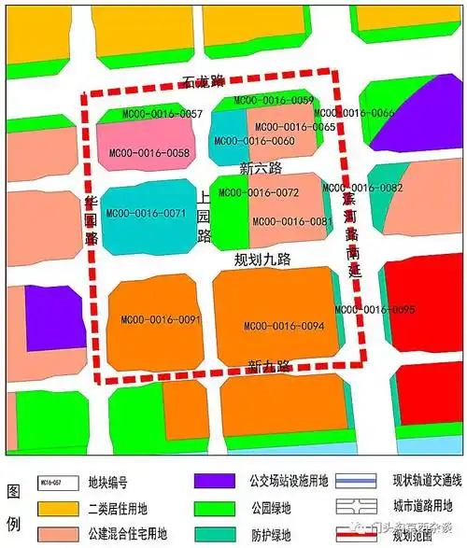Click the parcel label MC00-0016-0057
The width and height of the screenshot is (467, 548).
click(x=163, y=114)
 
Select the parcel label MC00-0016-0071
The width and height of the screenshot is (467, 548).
click(x=147, y=214)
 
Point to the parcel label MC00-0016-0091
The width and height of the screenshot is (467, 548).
click(x=161, y=319)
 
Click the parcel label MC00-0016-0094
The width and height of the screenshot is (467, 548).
click(x=284, y=326)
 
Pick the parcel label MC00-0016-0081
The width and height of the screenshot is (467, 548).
click(x=291, y=221)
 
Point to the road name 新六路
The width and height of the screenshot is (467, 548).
click(x=260, y=168)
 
